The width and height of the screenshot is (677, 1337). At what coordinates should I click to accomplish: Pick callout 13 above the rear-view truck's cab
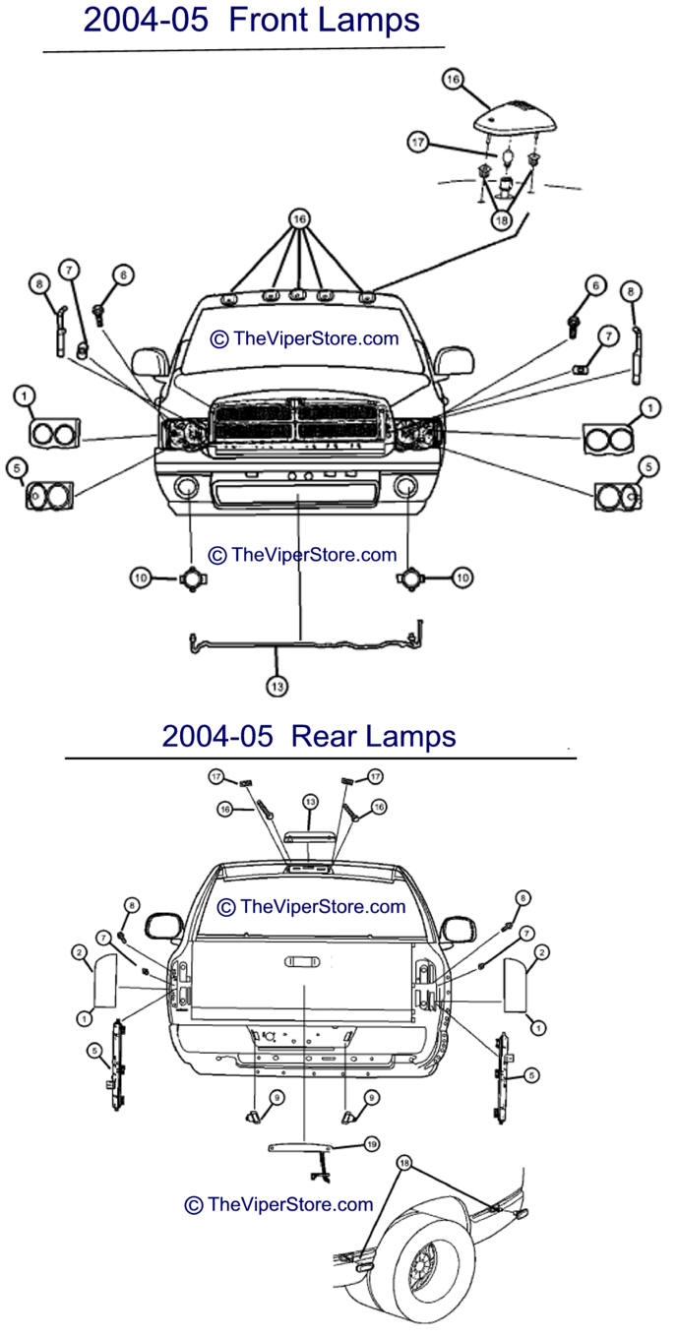(309, 803)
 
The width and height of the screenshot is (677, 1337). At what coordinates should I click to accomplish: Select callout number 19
(371, 1144)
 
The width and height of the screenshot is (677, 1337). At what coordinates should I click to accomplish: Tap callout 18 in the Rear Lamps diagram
(403, 1163)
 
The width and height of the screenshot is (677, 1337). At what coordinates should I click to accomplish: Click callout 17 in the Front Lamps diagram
(419, 142)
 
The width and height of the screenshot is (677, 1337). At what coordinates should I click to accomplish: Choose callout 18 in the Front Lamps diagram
(503, 221)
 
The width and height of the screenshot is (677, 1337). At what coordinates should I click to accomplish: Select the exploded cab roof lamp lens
(516, 119)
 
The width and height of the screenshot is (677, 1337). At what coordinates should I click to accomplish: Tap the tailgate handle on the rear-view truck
(304, 962)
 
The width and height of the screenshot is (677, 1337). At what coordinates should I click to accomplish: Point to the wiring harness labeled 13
(305, 644)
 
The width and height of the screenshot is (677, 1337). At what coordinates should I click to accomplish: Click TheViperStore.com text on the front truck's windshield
(305, 338)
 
